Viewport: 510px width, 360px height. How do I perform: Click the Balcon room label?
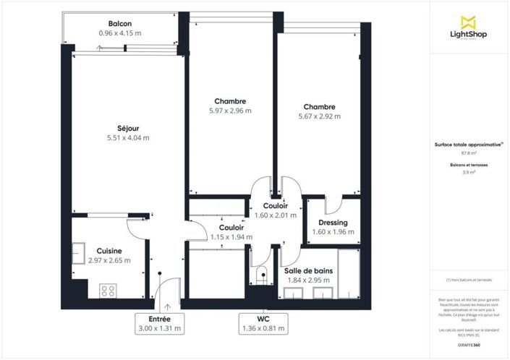point(120,23)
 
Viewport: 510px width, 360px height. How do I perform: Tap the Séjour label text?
point(128,128)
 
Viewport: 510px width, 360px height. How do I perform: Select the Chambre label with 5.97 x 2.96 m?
point(230,101)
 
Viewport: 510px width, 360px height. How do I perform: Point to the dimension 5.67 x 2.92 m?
point(319,116)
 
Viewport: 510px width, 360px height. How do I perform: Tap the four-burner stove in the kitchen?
point(109,291)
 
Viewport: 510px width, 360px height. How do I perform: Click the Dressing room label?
point(333,223)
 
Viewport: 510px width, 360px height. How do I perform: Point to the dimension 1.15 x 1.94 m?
point(231,237)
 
